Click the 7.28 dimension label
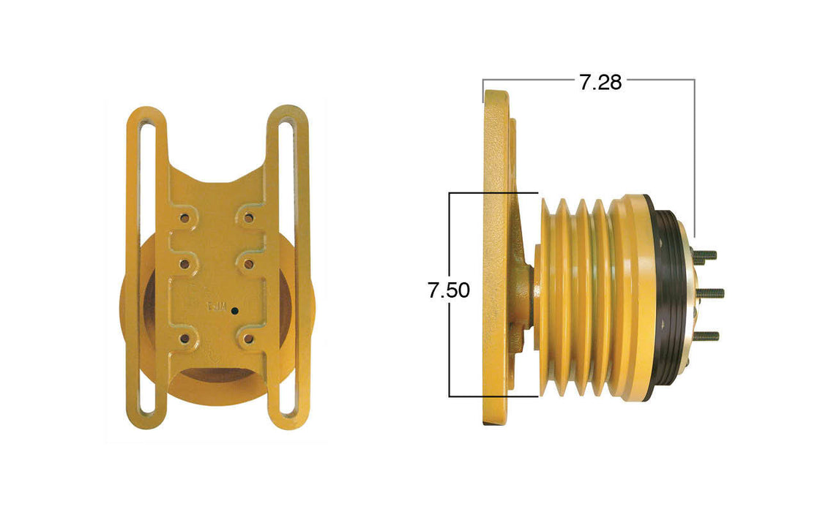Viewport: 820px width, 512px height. tap(600, 83)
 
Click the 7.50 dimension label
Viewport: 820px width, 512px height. tap(449, 290)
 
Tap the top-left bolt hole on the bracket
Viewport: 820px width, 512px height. tap(184, 218)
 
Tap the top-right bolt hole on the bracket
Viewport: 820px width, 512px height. tap(249, 218)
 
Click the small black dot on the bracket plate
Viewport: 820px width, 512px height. tap(234, 311)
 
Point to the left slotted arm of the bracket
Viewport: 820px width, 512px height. tap(144, 271)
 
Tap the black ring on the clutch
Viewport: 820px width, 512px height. tap(668, 296)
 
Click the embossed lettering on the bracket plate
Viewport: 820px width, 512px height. tap(217, 307)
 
